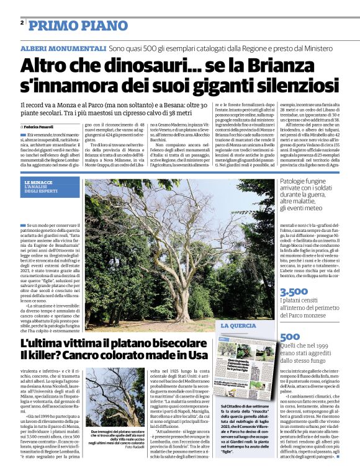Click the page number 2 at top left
point(22,24)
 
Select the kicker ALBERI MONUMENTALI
point(63,48)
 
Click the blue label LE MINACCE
point(38,182)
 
